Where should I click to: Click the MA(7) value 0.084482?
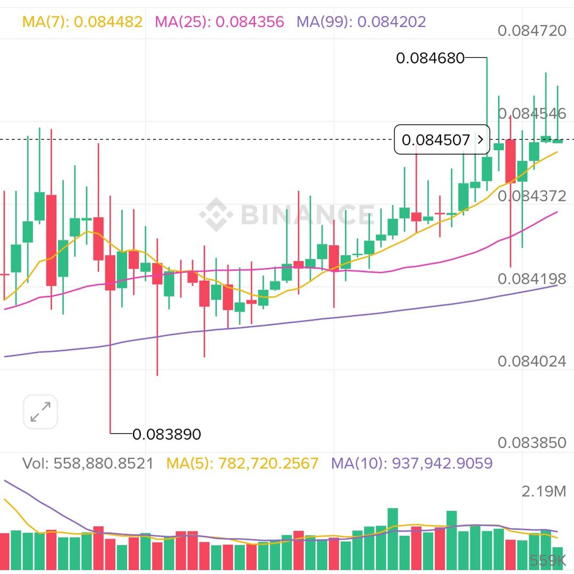coord(108,22)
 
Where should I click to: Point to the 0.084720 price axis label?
coord(532,30)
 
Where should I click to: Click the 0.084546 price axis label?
coord(532,113)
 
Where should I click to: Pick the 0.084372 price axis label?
coord(532,196)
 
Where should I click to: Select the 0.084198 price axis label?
coord(532,278)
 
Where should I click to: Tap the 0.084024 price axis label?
coord(532,361)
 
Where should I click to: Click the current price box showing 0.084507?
coord(442,140)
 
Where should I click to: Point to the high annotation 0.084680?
coord(430,58)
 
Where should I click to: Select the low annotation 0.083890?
coord(166,434)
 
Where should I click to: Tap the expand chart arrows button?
coord(40,412)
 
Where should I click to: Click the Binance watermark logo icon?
coord(216,215)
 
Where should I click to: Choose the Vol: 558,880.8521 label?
coord(88,463)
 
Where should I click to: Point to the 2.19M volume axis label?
coord(544,492)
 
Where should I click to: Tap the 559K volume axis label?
coord(547,560)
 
